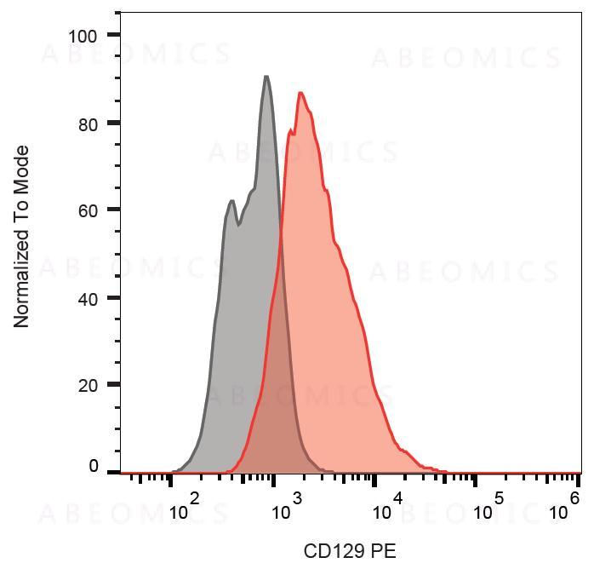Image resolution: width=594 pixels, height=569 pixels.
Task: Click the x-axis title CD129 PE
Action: coord(350,551)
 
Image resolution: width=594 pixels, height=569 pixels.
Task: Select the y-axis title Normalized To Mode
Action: coord(21,237)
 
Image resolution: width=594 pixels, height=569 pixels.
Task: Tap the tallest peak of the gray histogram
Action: coord(266,78)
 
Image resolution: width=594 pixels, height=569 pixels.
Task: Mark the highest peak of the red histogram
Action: coord(300,93)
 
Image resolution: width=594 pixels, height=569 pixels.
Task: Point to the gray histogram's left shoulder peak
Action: coord(231,201)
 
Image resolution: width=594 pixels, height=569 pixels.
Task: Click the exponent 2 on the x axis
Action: coord(194,498)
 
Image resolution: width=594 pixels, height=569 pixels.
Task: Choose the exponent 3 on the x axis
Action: coord(296,498)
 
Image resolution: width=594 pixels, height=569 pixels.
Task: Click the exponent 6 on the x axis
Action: coord(575,498)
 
